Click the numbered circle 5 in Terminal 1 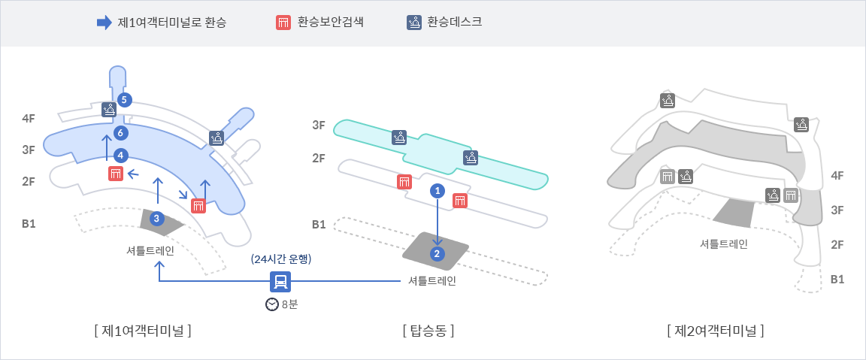click(125, 99)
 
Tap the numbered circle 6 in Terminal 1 click(120, 133)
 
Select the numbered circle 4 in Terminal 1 click(120, 156)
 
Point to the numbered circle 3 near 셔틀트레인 click(156, 219)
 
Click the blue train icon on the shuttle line click(280, 281)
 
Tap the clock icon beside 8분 click(272, 304)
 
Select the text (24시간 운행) click(281, 259)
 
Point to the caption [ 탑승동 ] click(428, 329)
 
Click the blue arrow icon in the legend click(104, 23)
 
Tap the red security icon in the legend click(283, 23)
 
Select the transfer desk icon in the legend click(413, 23)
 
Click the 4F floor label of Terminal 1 click(29, 118)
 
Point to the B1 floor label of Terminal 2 click(837, 279)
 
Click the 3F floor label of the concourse click(319, 126)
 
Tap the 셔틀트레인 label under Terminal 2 click(723, 244)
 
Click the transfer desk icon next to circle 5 click(109, 110)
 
